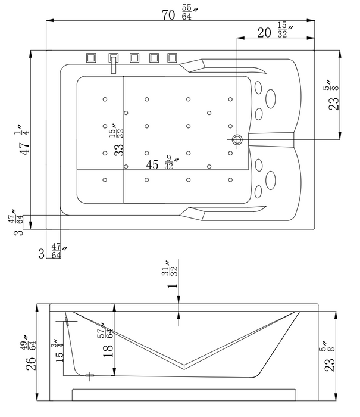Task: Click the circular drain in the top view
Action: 237,140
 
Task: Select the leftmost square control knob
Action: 91,58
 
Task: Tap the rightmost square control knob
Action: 172,58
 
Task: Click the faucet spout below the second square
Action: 112,66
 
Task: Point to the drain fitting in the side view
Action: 89,375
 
